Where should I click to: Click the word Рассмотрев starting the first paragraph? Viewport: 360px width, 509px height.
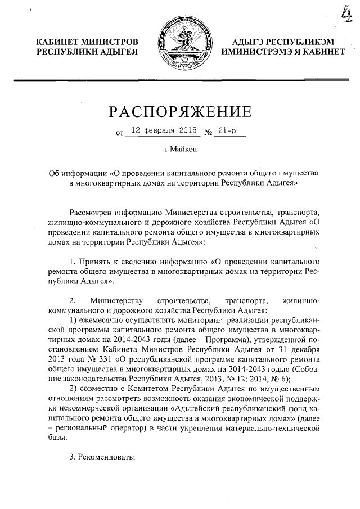point(90,213)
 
